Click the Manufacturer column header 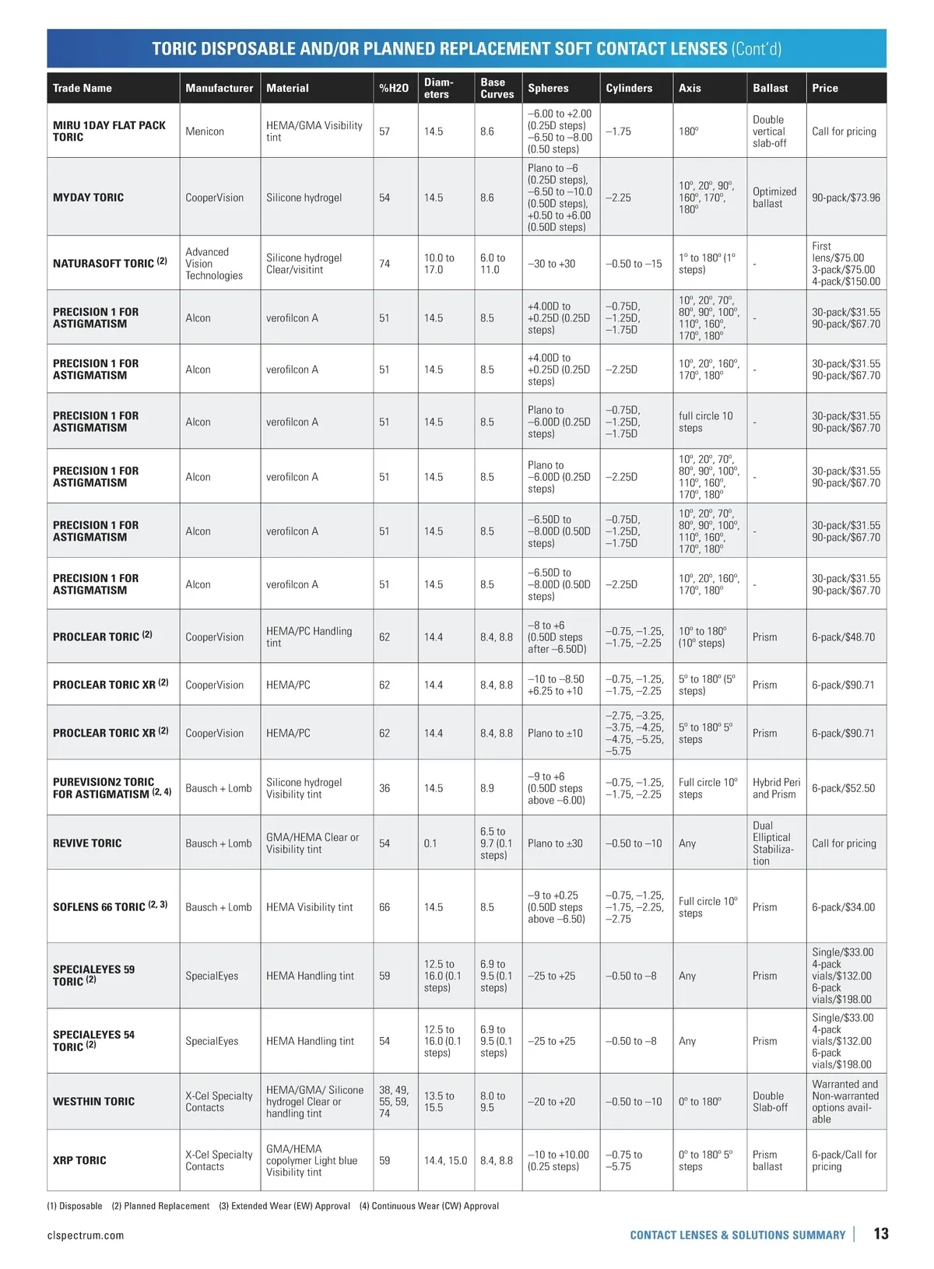219,88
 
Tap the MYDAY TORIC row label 88,198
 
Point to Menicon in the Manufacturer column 205,131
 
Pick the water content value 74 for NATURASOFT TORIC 384,264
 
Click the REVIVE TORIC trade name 87,843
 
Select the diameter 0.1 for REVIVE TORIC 430,843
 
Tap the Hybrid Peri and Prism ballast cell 775,788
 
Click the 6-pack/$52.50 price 843,788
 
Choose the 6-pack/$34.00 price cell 843,907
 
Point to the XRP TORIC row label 79,1160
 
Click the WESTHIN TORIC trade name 93,1102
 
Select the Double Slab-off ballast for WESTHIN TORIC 770,1102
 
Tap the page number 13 880,1234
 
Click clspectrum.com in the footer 86,1236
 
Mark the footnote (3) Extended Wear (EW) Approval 284,1206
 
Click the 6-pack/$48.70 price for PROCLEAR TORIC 843,637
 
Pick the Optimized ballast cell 774,198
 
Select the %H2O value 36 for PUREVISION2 384,788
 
